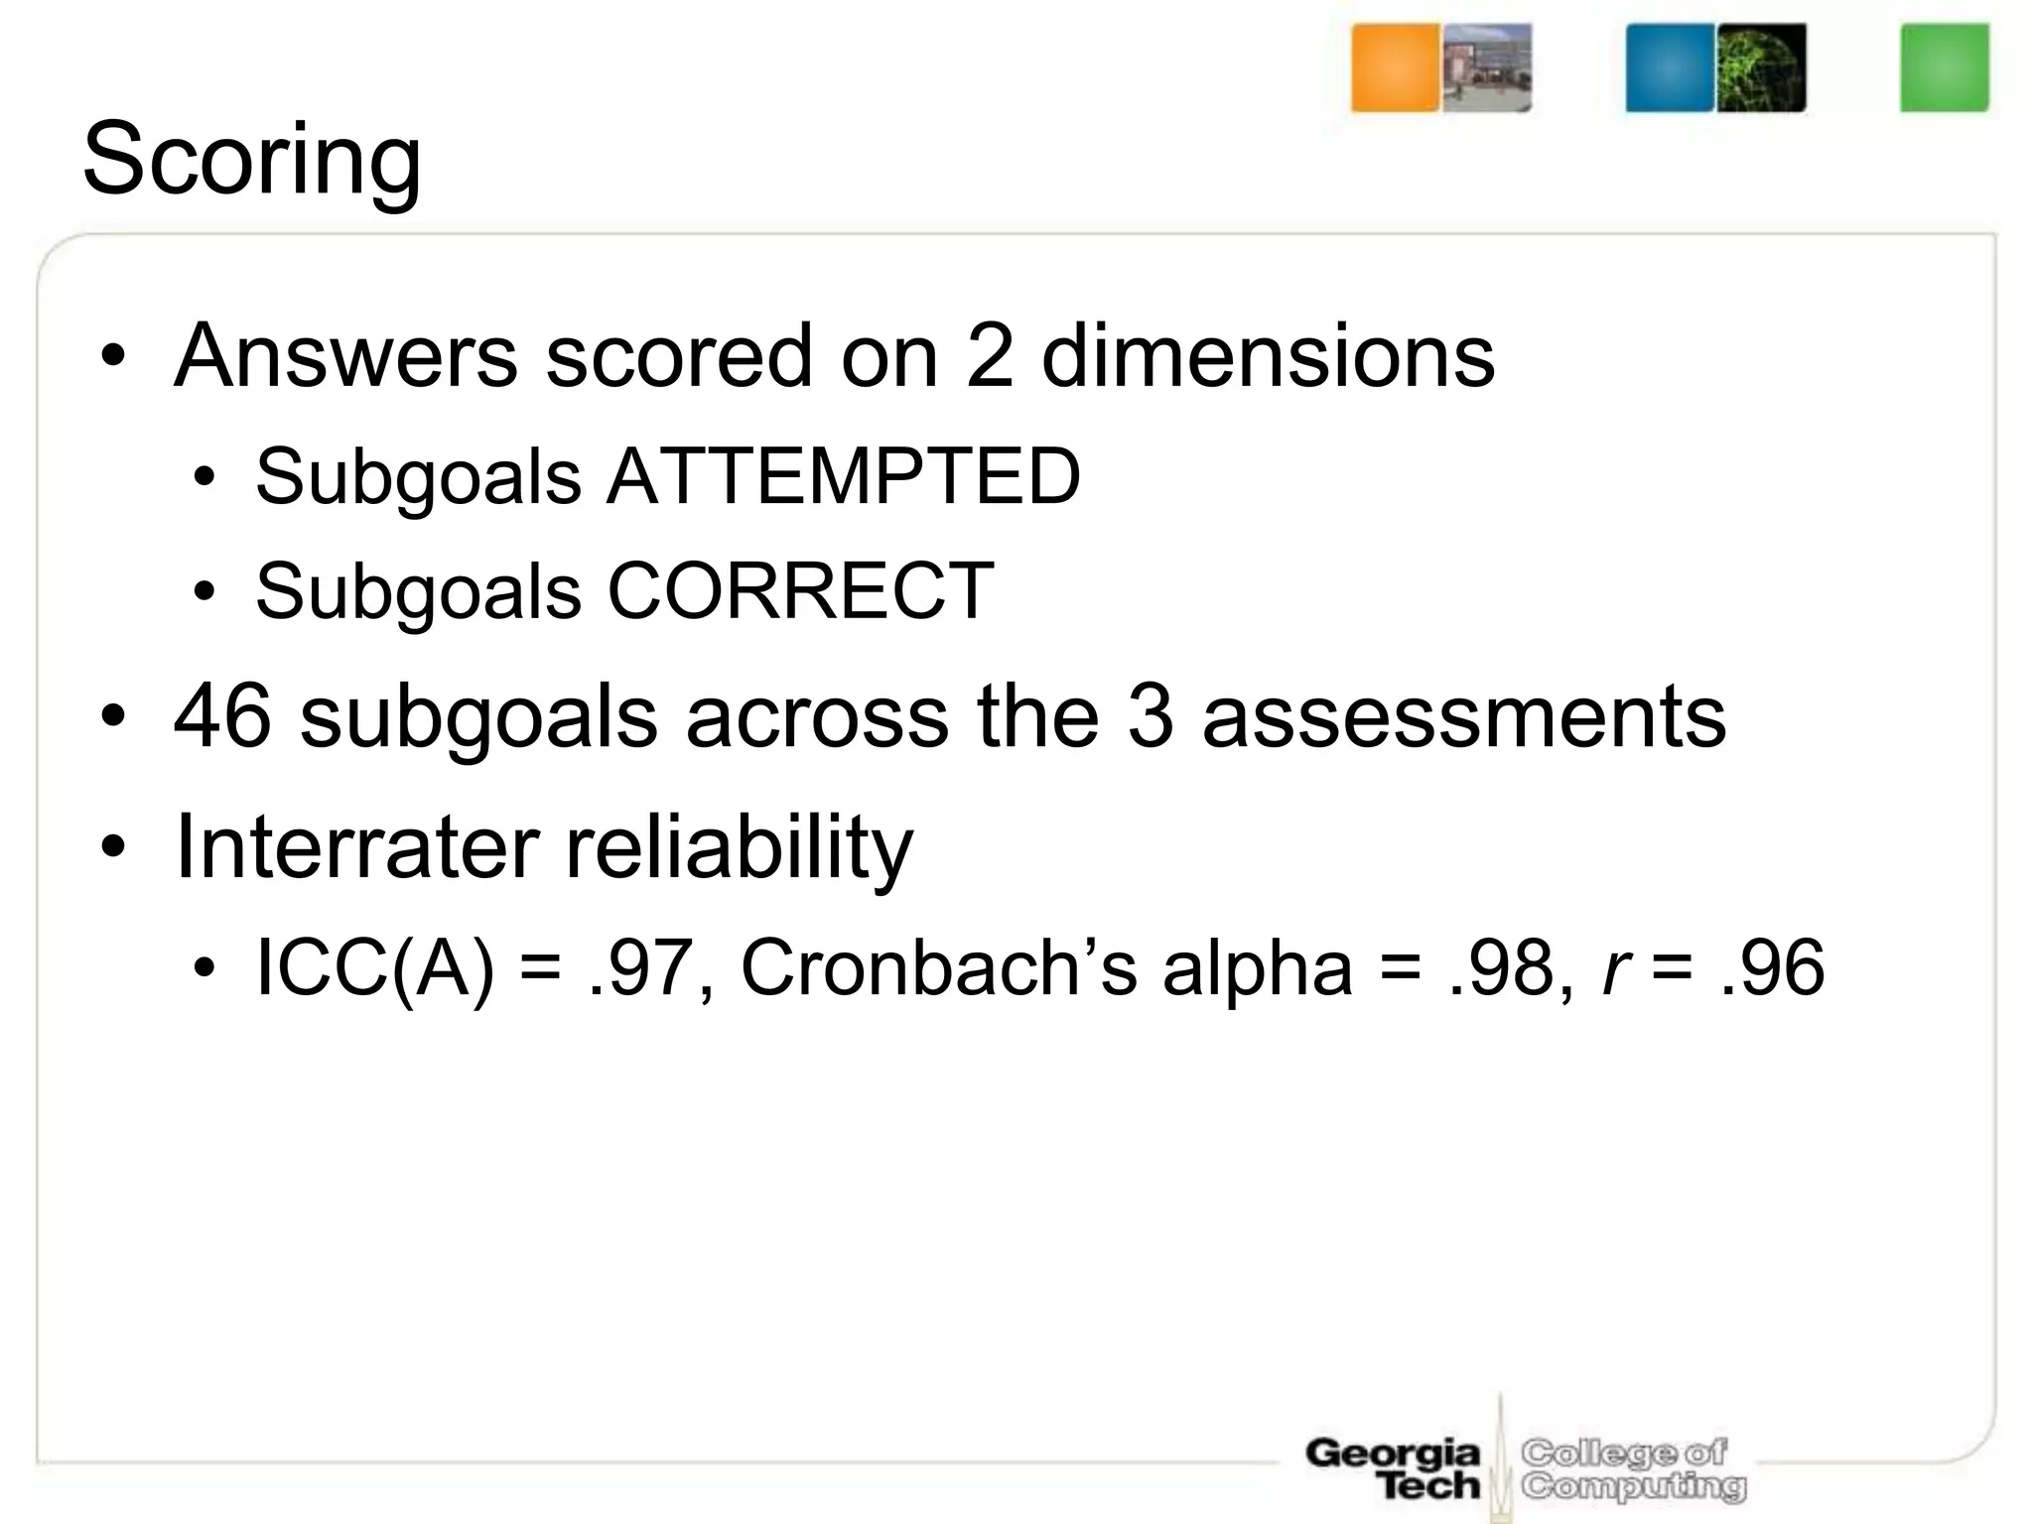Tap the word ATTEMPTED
[843, 477]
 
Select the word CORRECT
[800, 591]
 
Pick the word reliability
[739, 849]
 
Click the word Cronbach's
[939, 968]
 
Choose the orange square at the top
[1395, 67]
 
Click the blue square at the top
[1670, 67]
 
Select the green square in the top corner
[1945, 67]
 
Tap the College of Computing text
[1633, 1469]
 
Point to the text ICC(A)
[374, 968]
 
